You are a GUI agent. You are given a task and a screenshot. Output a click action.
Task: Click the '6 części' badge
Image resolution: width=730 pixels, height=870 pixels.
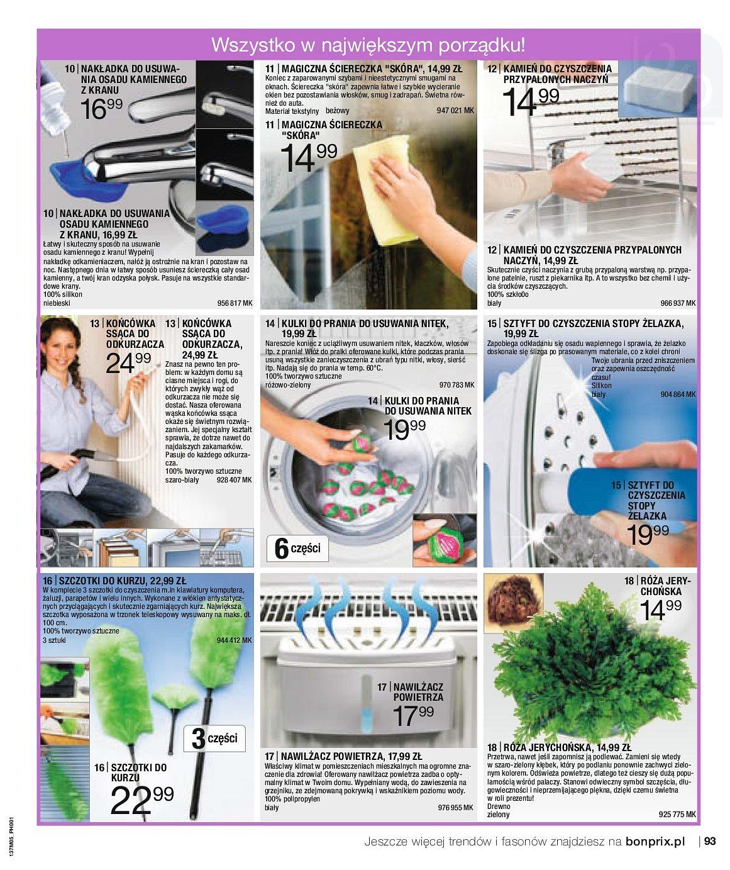pyautogui.click(x=297, y=549)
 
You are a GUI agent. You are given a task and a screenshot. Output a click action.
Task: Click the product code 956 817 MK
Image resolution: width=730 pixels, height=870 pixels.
pyautogui.click(x=235, y=303)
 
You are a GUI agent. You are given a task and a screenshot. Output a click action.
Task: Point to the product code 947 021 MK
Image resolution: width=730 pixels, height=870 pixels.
pyautogui.click(x=455, y=111)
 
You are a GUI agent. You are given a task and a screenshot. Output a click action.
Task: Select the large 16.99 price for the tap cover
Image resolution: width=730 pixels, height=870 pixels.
pyautogui.click(x=101, y=109)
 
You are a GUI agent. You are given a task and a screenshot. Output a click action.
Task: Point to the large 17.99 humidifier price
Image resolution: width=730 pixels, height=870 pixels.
pyautogui.click(x=412, y=715)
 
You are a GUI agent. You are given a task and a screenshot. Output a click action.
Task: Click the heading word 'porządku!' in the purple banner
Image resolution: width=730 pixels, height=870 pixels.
pyautogui.click(x=482, y=45)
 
